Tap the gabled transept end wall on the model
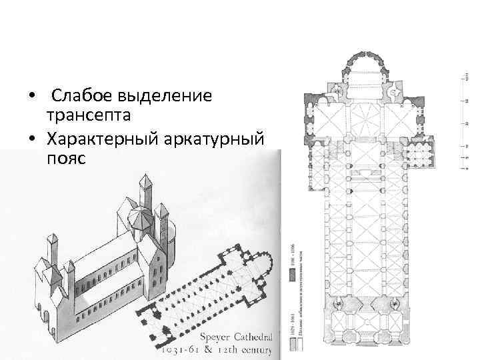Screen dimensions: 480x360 pos(157,267)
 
